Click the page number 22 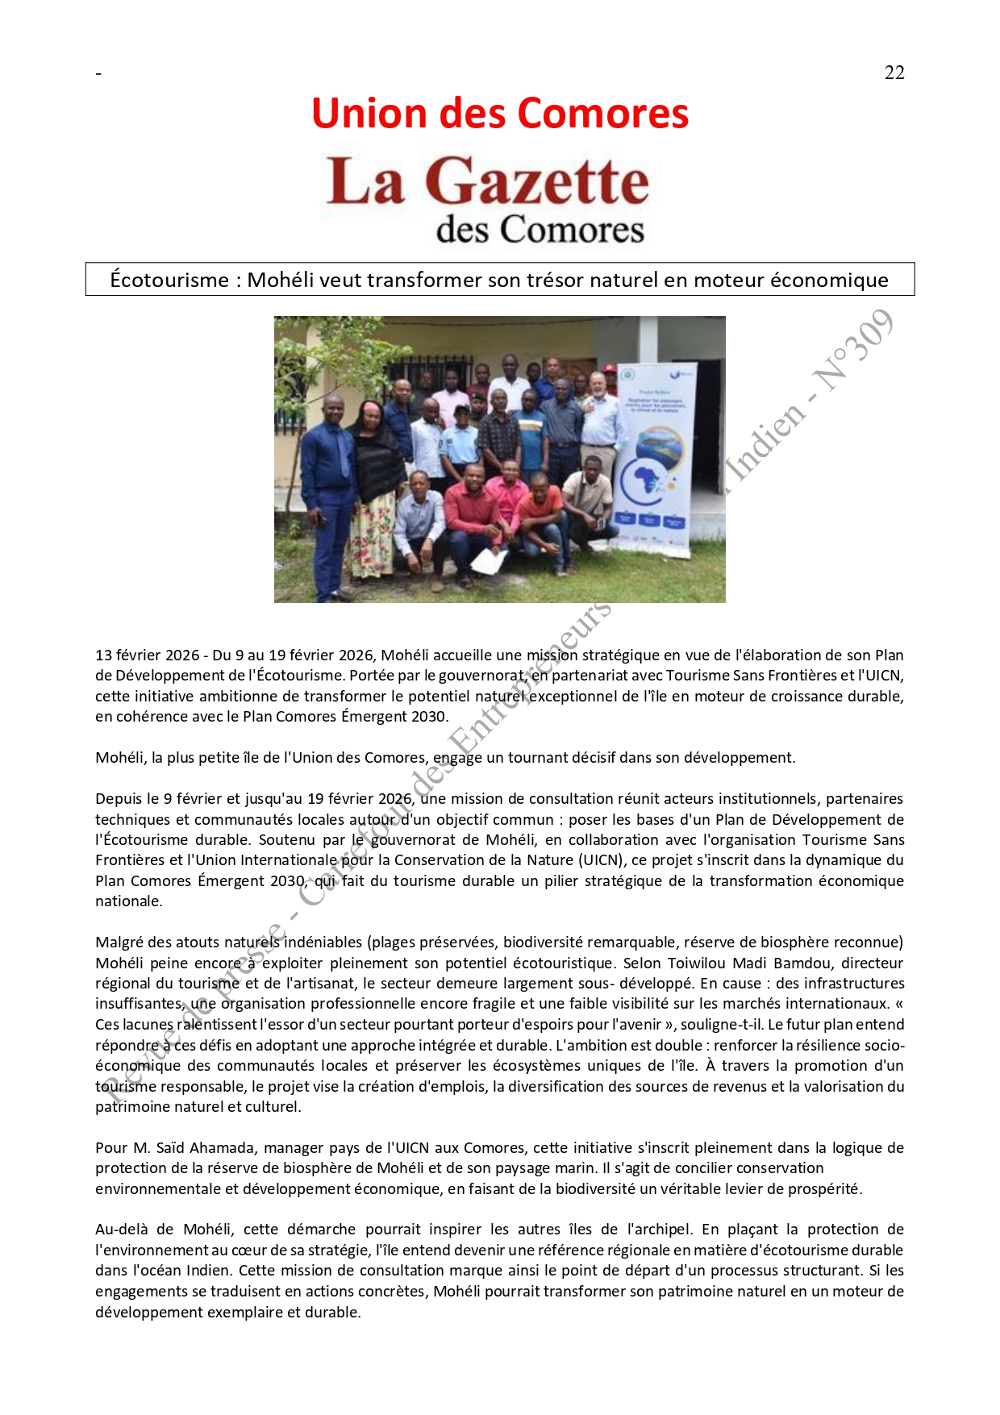click(894, 73)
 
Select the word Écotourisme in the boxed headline click(169, 280)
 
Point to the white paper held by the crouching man click(489, 560)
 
